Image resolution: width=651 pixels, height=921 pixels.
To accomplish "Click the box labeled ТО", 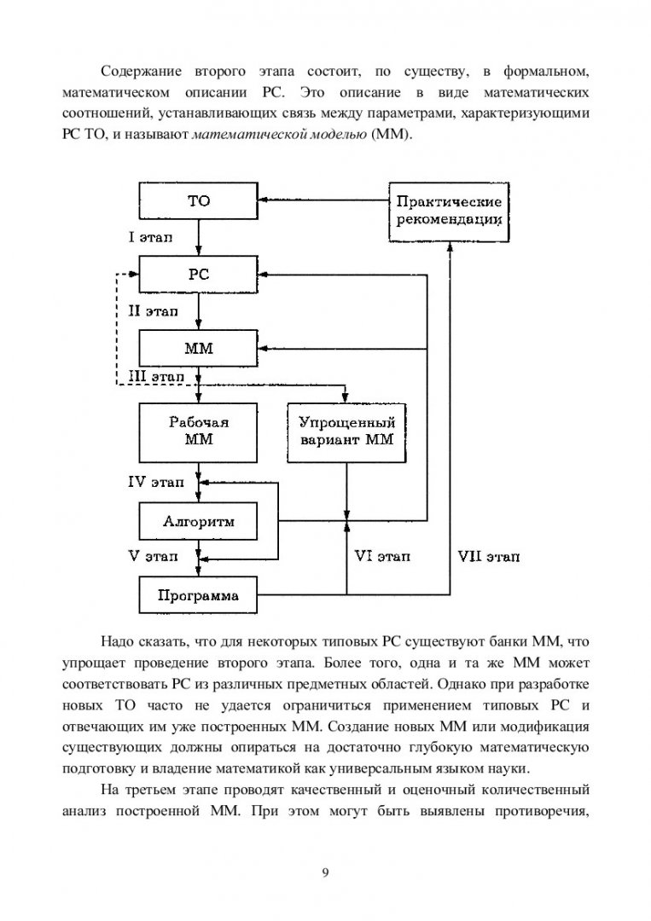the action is click(x=198, y=201).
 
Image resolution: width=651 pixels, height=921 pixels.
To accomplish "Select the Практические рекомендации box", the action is click(x=449, y=211).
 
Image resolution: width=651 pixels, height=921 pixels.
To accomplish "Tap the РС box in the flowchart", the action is click(x=198, y=275).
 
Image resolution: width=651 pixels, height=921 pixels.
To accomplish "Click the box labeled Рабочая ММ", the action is click(x=198, y=432).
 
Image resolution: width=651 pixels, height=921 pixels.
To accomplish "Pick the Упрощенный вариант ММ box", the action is click(x=346, y=432).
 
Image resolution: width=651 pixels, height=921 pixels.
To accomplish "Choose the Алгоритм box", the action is click(x=198, y=522).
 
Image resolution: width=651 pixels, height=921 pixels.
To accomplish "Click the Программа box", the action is click(x=198, y=595).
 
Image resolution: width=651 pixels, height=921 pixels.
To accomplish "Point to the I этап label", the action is click(x=150, y=237).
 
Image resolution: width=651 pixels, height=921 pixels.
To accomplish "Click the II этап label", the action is click(x=154, y=311).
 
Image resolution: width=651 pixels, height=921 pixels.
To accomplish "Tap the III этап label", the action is click(x=156, y=377).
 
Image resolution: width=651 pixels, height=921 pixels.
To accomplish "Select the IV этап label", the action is click(x=156, y=482).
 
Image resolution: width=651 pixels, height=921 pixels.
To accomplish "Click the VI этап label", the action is click(x=382, y=556).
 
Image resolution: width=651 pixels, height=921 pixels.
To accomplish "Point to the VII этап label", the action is click(x=489, y=556).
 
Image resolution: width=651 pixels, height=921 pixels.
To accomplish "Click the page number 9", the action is click(x=326, y=872).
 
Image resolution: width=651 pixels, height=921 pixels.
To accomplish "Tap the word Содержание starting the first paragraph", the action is click(x=141, y=72).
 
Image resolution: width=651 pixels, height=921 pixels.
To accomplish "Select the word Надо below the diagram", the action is click(x=118, y=641).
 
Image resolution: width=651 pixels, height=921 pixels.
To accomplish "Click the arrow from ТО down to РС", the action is click(x=199, y=237).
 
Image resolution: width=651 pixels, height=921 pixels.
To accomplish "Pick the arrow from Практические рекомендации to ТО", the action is click(x=323, y=200).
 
